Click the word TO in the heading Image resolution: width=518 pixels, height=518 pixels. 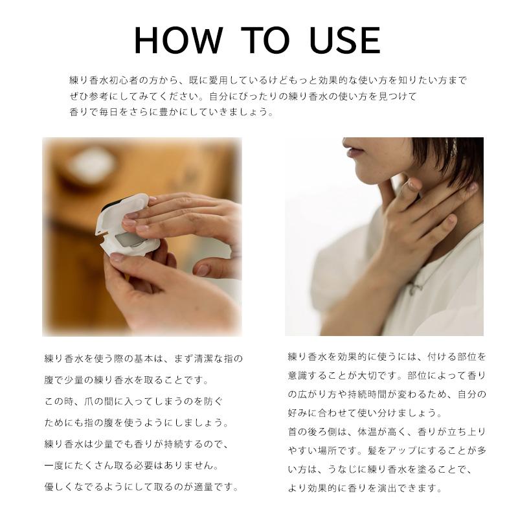265,40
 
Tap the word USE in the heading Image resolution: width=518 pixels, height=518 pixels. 345,40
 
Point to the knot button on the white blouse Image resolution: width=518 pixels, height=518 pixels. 415,288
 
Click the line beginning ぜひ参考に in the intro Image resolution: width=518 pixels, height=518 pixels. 243,96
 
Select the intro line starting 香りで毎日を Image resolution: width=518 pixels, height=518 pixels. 172,112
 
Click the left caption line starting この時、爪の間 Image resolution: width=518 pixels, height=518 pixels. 133,401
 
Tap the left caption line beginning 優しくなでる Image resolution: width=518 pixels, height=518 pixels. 141,487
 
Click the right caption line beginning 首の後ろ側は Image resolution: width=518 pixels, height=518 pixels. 387,431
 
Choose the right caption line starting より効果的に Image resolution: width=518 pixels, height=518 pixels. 365,488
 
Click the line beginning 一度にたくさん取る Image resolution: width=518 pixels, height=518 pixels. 131,466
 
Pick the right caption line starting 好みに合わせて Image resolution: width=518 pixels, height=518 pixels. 365,412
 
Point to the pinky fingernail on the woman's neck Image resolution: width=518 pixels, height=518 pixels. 451,219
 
